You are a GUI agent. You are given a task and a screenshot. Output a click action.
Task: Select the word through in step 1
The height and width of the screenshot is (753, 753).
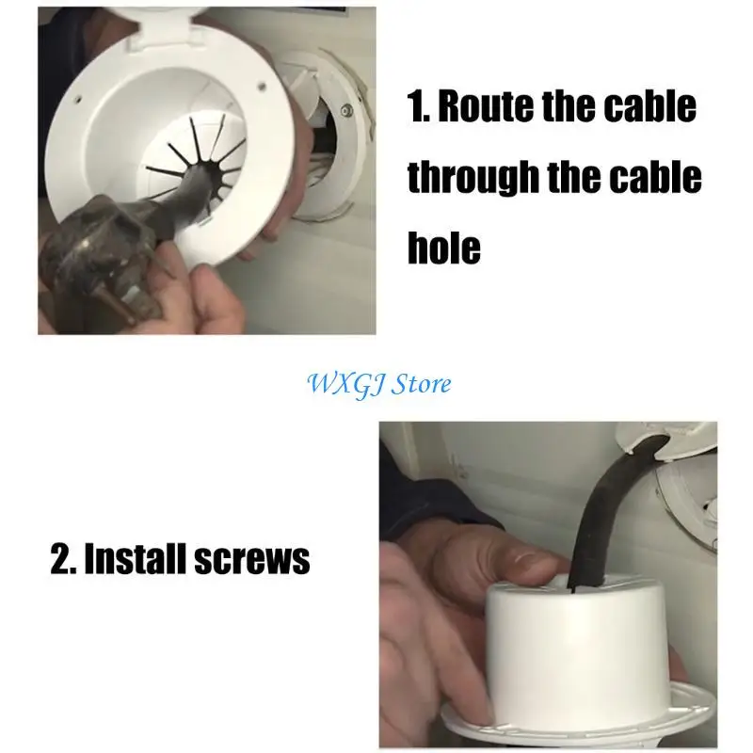tap(474, 177)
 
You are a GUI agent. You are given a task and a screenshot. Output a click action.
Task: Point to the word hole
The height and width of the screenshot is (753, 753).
tap(444, 247)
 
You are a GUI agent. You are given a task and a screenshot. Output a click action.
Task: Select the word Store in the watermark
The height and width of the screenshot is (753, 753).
tap(421, 384)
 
